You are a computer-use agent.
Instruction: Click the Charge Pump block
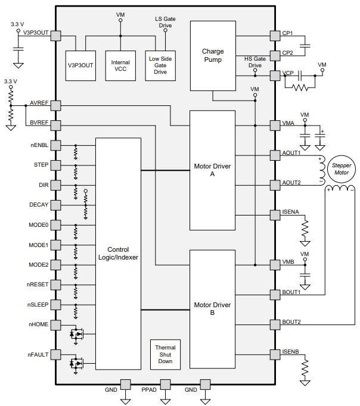point(213,56)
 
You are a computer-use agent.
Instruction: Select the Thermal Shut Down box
point(165,354)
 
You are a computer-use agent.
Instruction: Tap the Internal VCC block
point(120,65)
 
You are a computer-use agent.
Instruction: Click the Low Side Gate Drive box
point(160,65)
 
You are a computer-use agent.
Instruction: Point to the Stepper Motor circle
point(342,169)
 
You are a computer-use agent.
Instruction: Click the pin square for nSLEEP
point(55,305)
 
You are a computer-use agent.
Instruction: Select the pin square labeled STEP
point(55,165)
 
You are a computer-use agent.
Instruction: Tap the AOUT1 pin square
point(275,155)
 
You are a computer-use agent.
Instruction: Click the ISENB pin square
point(275,354)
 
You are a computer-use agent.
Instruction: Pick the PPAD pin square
point(165,385)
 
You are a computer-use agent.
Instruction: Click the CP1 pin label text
point(287,33)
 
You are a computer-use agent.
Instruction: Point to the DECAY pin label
point(39,205)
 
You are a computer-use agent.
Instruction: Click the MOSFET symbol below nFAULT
point(76,364)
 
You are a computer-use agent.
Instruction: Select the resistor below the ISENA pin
point(305,229)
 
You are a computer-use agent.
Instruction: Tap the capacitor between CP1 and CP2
point(305,46)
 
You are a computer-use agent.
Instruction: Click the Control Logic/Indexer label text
point(118,254)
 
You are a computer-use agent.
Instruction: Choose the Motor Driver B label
point(212,308)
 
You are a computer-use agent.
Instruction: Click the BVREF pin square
point(55,126)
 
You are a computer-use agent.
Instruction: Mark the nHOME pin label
point(38,324)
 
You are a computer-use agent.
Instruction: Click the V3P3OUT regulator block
point(80,65)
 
